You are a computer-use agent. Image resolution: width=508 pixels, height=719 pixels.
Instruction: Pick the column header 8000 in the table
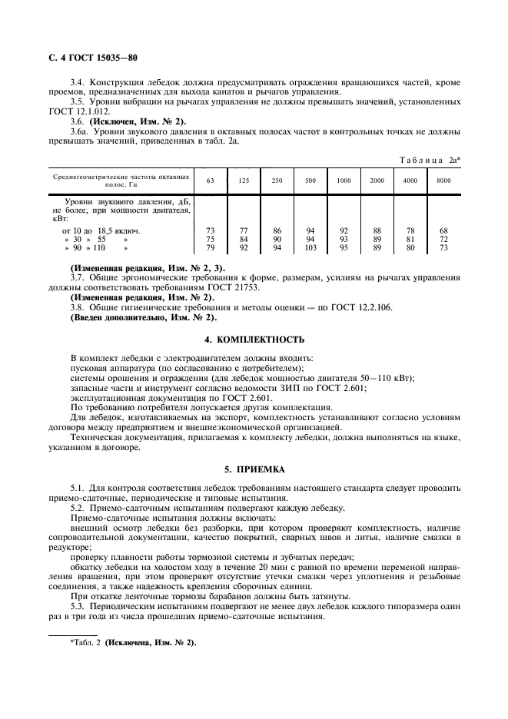pos(443,180)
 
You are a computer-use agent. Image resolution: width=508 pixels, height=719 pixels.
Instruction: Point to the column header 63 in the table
pos(211,180)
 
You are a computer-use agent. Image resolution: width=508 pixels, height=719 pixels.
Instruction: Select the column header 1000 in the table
pos(344,180)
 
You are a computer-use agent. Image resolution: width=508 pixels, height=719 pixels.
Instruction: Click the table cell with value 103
pos(310,248)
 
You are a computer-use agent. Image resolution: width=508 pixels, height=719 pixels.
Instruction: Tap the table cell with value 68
pos(443,230)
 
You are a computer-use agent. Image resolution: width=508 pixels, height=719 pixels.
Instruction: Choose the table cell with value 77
pos(244,230)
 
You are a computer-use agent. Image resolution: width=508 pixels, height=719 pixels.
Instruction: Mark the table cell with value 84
pos(244,239)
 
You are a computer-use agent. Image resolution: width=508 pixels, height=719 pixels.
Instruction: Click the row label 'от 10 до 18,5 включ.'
pos(101,230)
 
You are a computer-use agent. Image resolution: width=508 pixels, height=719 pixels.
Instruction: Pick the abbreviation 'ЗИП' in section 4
pos(297,388)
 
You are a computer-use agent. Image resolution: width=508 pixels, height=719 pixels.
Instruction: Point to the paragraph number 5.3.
pos(77,606)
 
